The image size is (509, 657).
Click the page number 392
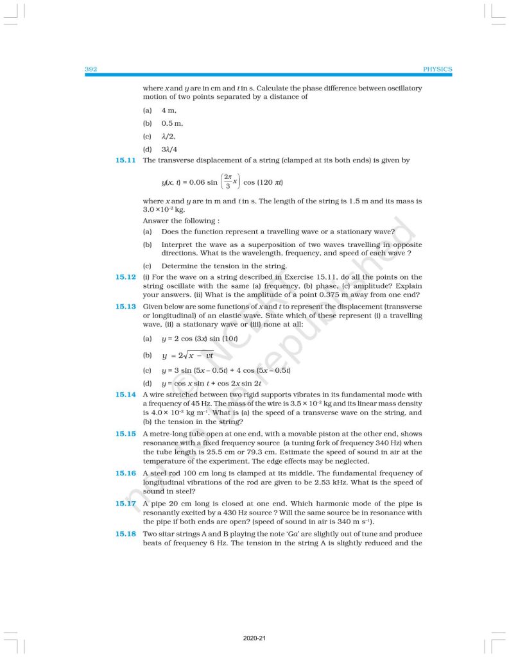coord(91,69)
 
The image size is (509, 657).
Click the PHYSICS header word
coord(437,69)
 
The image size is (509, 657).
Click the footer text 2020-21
coord(254,638)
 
